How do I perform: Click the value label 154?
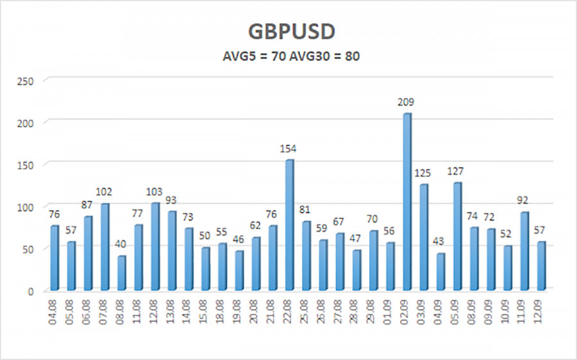289,149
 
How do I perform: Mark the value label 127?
457,171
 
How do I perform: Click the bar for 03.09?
423,237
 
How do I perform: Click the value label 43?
440,242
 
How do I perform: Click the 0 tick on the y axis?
30,291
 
